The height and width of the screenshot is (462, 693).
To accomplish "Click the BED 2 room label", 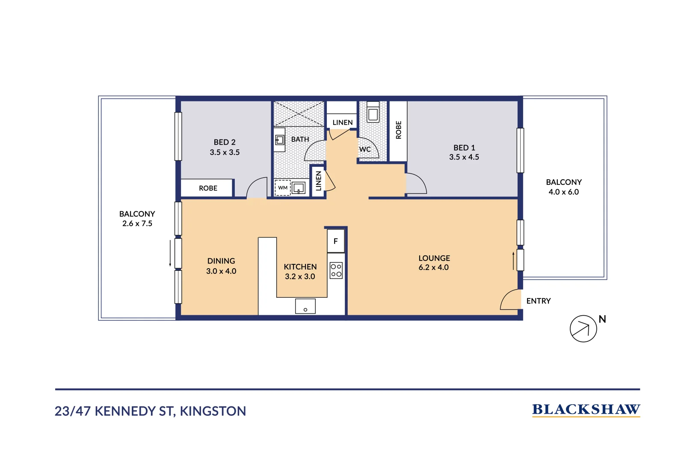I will (225, 142).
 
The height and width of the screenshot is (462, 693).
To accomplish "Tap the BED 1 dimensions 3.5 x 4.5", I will (464, 157).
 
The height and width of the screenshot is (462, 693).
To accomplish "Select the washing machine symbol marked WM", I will (283, 188).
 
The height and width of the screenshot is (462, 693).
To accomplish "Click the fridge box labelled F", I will (336, 241).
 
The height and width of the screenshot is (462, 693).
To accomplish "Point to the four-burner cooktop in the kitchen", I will (336, 270).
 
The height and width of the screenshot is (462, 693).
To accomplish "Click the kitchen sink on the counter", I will (305, 306).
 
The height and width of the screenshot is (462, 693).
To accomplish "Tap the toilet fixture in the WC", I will (373, 112).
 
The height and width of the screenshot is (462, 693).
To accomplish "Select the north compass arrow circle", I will (583, 329).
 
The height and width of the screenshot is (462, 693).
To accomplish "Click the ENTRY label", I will (538, 301).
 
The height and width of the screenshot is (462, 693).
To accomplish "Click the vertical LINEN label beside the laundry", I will (318, 181).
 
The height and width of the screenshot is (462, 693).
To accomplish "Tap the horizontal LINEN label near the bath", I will (343, 122).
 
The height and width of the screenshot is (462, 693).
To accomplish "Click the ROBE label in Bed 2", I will (208, 188).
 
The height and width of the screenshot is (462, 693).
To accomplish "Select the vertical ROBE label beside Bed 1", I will (398, 130).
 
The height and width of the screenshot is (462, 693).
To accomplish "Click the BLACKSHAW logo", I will (586, 410).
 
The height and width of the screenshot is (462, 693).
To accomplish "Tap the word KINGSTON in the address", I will (213, 411).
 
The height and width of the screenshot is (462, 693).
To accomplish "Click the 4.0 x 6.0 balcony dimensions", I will (563, 192).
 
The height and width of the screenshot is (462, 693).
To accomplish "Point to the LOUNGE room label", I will (434, 258).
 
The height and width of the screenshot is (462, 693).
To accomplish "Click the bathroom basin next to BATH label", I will (279, 140).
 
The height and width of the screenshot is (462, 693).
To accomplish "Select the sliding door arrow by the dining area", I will (170, 253).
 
